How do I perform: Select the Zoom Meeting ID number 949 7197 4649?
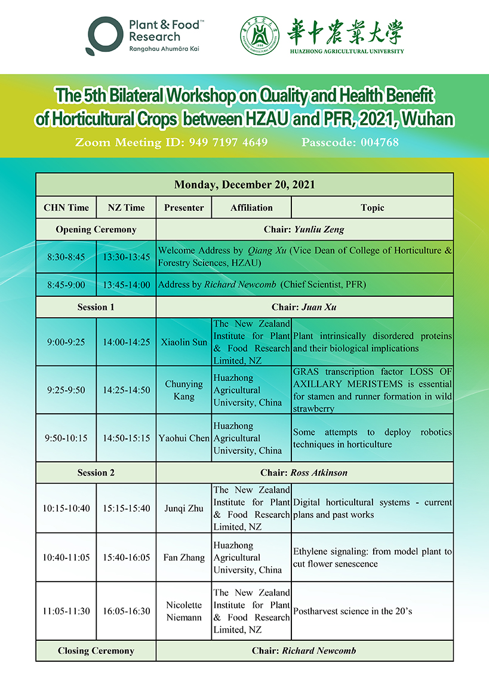[228, 142]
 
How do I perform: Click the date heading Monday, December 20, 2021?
[244, 185]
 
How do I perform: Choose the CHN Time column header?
[66, 208]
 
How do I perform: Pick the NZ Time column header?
[126, 208]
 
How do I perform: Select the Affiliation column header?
[251, 208]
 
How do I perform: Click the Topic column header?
[372, 208]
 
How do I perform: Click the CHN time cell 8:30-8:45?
[66, 257]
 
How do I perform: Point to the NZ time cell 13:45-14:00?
[126, 285]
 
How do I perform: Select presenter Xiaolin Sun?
[184, 342]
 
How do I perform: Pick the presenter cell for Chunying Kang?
[184, 390]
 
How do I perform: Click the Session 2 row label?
[96, 472]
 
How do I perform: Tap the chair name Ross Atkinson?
[319, 472]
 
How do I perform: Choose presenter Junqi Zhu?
[184, 508]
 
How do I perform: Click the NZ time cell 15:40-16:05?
[126, 557]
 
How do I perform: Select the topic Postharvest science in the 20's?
[352, 611]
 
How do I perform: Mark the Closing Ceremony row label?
[96, 650]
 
